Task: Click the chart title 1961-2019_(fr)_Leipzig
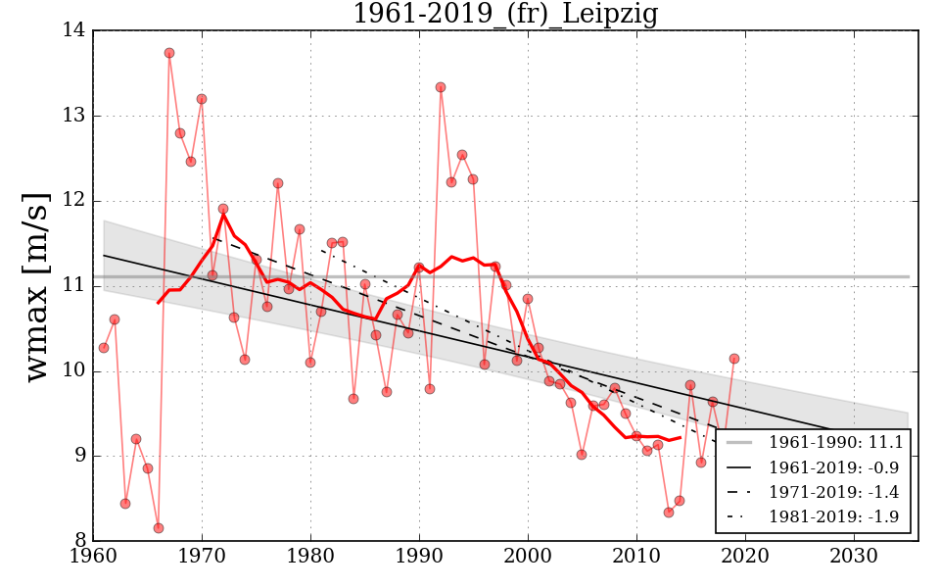click(504, 14)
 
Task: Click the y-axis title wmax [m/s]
click(36, 285)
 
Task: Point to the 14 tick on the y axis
click(77, 31)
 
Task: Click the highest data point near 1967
click(169, 53)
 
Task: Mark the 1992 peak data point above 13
click(441, 87)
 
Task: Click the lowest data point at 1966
click(159, 528)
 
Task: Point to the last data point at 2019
click(734, 359)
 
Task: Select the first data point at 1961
click(104, 348)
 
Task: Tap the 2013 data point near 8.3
click(669, 513)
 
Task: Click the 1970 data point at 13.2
click(202, 99)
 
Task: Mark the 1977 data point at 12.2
click(278, 183)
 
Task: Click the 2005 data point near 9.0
click(582, 455)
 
